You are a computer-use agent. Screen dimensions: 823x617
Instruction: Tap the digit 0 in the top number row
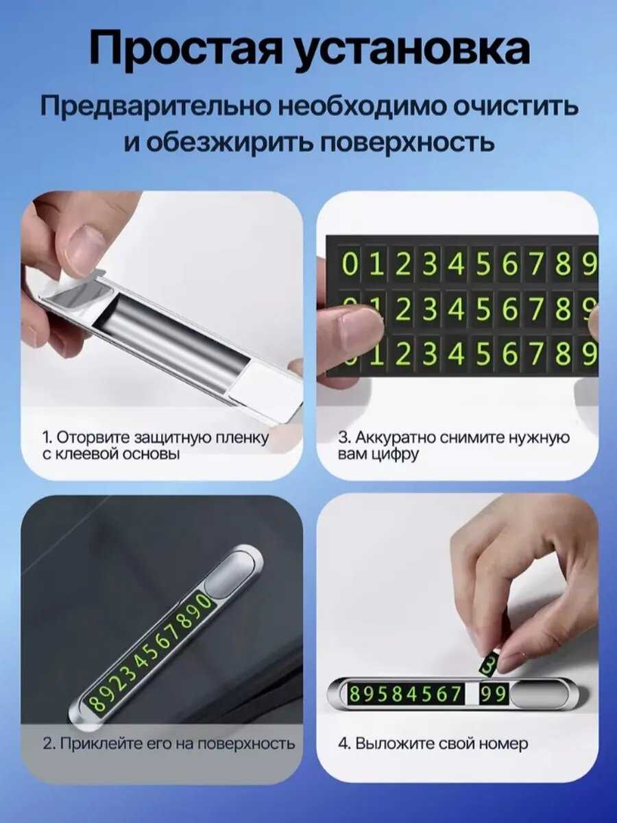tap(350, 265)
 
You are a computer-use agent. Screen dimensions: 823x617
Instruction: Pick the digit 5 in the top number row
tap(483, 265)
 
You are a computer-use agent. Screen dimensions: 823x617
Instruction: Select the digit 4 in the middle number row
tap(456, 310)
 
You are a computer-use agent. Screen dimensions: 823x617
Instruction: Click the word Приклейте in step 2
tap(101, 743)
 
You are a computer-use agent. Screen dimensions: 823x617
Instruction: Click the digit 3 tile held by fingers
tap(488, 665)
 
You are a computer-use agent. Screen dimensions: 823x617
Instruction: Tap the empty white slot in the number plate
tap(471, 694)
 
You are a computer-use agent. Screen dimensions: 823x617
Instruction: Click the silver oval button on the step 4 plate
tap(542, 694)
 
